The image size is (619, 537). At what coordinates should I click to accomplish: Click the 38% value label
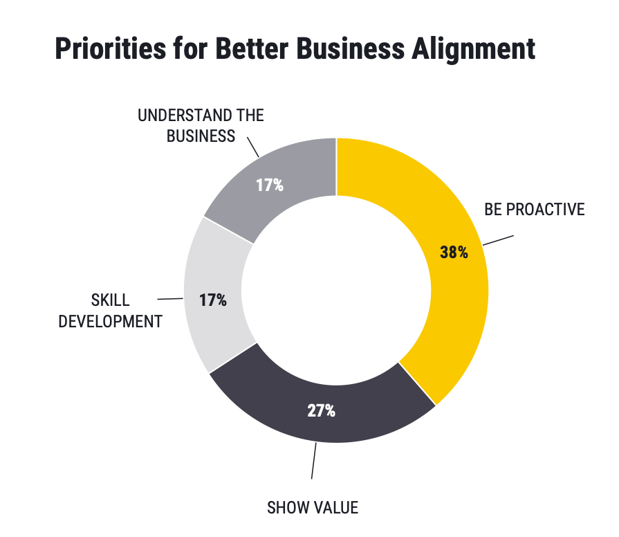coord(454,252)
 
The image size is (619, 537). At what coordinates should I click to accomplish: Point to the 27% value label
coord(321,410)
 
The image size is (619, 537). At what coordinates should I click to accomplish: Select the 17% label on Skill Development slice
coord(212,300)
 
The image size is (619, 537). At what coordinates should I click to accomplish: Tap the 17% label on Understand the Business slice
coord(269,185)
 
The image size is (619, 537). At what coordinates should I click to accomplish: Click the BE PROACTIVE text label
coord(535,209)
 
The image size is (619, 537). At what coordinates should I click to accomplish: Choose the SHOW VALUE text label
coord(313,508)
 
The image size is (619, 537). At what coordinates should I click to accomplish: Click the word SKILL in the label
coord(110,301)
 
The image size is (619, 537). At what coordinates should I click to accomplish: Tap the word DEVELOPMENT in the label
coord(110,322)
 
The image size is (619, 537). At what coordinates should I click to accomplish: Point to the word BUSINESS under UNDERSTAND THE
coord(201,136)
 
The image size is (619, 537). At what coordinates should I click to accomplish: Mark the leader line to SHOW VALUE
coord(314,460)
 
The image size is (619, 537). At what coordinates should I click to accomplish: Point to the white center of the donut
coord(336,291)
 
